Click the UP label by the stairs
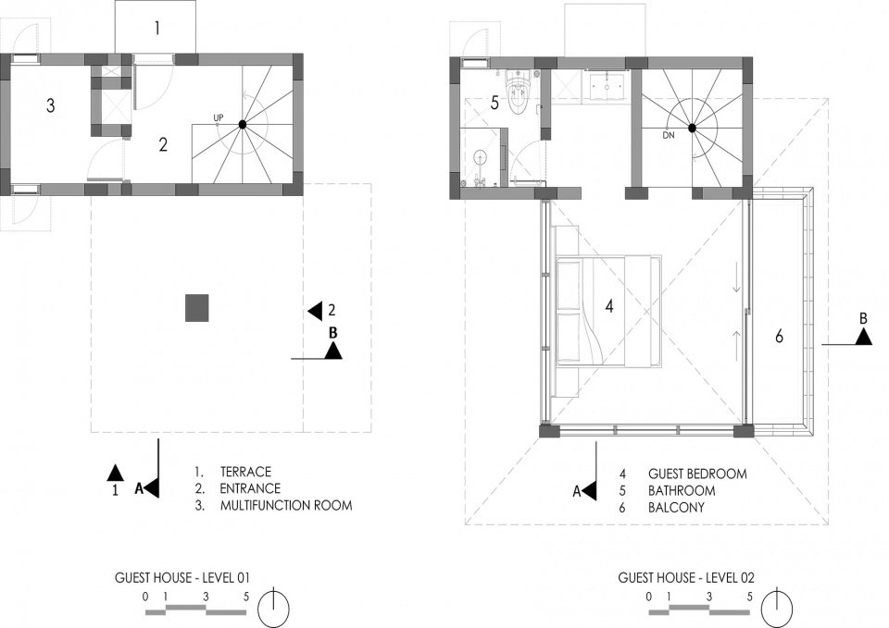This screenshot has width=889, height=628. (x=219, y=117)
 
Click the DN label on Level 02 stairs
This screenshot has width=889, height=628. (x=669, y=136)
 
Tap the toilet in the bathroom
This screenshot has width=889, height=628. (x=519, y=93)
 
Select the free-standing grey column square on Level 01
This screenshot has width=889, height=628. (x=196, y=308)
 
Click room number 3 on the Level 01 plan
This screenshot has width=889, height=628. (x=51, y=105)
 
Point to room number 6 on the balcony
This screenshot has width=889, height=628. (x=779, y=337)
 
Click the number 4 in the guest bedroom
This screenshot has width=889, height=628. (x=609, y=306)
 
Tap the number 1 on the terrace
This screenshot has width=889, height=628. (x=157, y=28)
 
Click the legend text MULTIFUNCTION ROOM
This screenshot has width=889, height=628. (x=286, y=505)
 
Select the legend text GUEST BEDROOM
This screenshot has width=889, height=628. (x=697, y=474)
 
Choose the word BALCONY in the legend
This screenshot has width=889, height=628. (x=676, y=508)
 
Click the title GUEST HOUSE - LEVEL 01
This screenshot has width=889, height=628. (x=182, y=578)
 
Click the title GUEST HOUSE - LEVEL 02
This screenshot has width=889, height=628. (x=686, y=578)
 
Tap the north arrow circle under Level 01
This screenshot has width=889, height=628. (x=274, y=607)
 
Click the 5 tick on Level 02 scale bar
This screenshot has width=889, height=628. (x=749, y=597)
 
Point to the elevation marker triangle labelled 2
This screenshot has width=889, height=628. (x=315, y=311)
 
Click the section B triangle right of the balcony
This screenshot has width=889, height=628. (x=863, y=337)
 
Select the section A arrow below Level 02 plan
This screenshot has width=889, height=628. (x=590, y=491)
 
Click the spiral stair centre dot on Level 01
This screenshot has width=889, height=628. (x=242, y=124)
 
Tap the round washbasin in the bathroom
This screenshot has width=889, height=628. (x=481, y=157)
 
